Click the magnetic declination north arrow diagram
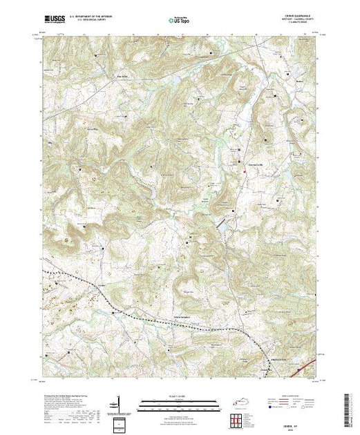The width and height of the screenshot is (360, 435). point(120,405)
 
